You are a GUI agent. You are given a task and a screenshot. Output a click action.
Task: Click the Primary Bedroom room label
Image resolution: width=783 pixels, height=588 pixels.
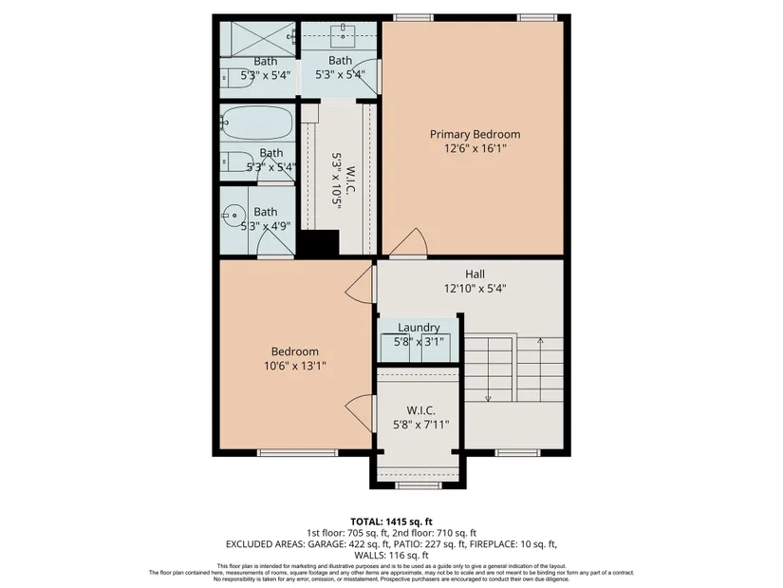point(475,134)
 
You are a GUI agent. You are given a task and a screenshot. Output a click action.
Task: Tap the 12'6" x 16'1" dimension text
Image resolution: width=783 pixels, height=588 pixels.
point(475,148)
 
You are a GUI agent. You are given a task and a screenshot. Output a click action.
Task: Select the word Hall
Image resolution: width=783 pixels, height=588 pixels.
point(475,274)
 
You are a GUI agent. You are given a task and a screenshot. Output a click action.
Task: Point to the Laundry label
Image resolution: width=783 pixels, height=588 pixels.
point(419,328)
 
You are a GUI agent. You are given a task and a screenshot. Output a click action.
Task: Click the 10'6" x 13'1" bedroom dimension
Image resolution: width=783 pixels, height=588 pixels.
point(294,366)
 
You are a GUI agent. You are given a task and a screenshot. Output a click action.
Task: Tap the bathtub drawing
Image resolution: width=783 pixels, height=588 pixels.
point(256,123)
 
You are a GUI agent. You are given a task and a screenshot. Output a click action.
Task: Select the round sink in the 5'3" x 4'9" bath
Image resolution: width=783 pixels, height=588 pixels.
point(233,216)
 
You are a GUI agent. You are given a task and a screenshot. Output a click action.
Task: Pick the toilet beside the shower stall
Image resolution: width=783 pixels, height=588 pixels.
point(237,78)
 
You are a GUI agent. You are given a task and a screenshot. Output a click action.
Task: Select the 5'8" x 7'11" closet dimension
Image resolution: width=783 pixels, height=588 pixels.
point(420,425)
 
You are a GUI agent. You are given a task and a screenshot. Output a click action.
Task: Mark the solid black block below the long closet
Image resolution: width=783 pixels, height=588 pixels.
point(319,244)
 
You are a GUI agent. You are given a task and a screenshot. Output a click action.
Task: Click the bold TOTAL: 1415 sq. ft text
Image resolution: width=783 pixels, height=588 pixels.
point(391,522)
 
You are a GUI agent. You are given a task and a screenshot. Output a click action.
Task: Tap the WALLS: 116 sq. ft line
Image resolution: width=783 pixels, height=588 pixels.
point(391,555)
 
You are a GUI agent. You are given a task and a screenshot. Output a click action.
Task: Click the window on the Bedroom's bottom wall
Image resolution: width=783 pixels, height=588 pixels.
point(298,452)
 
